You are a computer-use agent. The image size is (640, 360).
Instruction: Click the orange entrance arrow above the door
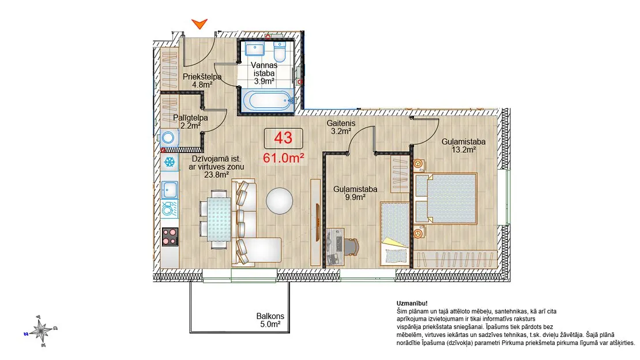pyautogui.click(x=199, y=24)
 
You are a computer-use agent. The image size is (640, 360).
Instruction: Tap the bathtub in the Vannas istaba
pyautogui.click(x=267, y=100)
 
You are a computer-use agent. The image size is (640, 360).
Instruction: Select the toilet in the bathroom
pyautogui.click(x=280, y=52)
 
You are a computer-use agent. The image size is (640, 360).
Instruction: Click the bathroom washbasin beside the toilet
pyautogui.click(x=255, y=49)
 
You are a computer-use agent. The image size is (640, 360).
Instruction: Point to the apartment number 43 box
pyautogui.click(x=283, y=138)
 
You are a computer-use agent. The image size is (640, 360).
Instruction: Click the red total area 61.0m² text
pyautogui.click(x=283, y=157)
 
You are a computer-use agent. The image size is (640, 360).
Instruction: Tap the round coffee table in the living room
pyautogui.click(x=279, y=201)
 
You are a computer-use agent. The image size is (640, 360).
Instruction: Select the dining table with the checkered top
pyautogui.click(x=219, y=219)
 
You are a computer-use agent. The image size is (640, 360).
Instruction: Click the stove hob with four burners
pyautogui.click(x=170, y=237)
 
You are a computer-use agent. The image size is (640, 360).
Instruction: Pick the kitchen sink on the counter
pyautogui.click(x=170, y=190)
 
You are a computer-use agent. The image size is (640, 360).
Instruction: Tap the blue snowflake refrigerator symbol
pyautogui.click(x=170, y=162)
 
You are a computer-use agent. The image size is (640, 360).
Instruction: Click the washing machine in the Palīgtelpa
pyautogui.click(x=168, y=138)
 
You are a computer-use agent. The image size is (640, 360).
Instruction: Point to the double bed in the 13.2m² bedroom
pyautogui.click(x=445, y=198)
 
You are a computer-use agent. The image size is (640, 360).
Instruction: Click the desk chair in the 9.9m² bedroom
pyautogui.click(x=351, y=246)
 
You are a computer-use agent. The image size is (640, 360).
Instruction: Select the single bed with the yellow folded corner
pyautogui.click(x=395, y=233)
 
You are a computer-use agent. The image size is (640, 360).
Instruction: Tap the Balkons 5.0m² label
pyautogui.click(x=270, y=320)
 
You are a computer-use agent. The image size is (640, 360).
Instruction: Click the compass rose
pyautogui.click(x=40, y=331)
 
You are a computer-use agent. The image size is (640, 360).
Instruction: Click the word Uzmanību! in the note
pyautogui.click(x=412, y=303)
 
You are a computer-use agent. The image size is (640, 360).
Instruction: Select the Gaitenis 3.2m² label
pyautogui.click(x=341, y=127)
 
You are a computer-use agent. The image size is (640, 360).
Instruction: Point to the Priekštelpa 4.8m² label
pyautogui.click(x=202, y=81)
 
